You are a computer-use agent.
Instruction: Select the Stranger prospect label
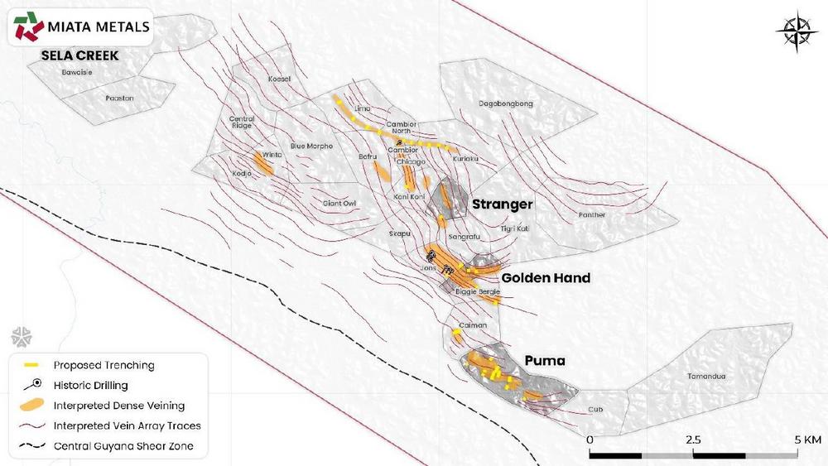coord(502,204)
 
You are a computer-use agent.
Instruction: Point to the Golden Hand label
coord(546,278)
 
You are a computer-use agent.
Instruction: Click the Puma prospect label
coord(544,361)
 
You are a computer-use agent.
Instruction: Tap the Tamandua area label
coord(706,377)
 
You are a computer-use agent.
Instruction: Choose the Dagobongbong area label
coord(507,103)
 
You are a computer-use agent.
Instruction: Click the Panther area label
coord(592,215)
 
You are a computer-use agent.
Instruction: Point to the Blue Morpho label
coord(311,147)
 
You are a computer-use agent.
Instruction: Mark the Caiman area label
coord(473,326)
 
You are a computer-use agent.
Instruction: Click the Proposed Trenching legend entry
coord(104,365)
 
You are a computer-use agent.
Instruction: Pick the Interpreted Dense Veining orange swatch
coord(32,406)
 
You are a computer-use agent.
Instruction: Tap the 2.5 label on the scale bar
coord(693,439)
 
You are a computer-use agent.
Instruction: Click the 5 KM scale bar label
coord(807,439)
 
